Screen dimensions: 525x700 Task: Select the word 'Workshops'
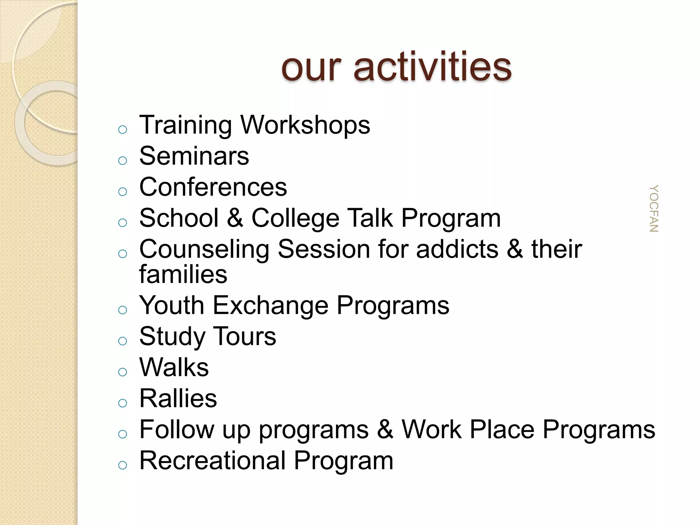coord(305,125)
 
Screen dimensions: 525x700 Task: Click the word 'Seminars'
coord(194,156)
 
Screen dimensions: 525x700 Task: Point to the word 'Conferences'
coord(213,187)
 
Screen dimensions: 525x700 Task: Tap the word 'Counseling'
coord(204,249)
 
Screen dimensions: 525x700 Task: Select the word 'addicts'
coord(457,249)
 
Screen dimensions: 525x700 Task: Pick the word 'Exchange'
coord(271,306)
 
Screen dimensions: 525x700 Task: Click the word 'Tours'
coord(244,337)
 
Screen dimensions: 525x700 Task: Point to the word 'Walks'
coord(174,368)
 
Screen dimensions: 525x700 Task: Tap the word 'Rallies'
coord(178,399)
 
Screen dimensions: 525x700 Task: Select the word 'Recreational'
coord(212,461)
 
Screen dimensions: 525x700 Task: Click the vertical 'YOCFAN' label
coord(654,208)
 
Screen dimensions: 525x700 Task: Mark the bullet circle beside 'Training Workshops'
coord(122,130)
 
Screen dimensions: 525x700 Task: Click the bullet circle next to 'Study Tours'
coord(122,341)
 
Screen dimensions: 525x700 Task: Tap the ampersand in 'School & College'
coord(235,218)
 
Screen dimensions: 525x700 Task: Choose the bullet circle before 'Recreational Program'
coord(122,465)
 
